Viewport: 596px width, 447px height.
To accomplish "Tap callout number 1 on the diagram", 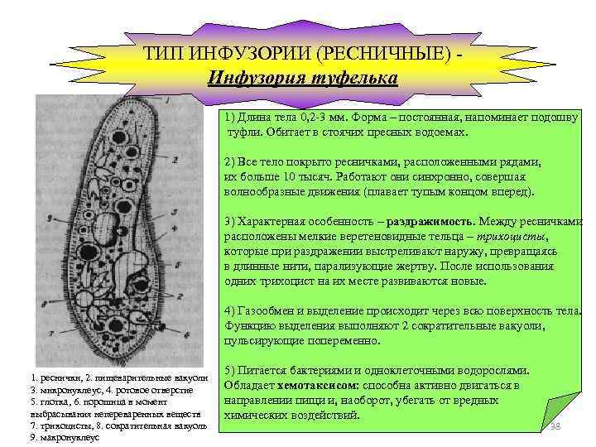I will coord(169,100).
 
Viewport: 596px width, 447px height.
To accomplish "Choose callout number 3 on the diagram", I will coord(173,213).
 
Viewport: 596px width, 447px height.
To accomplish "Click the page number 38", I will coord(555,425).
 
